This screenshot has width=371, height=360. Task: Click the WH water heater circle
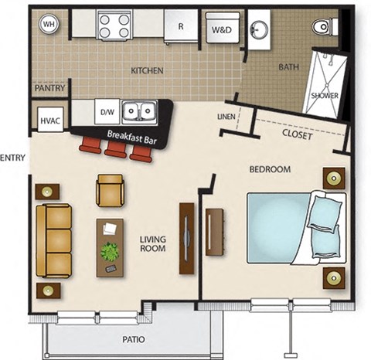(x=49, y=24)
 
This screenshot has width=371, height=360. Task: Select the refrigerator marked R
(x=181, y=25)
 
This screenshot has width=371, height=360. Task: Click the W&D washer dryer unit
(x=220, y=28)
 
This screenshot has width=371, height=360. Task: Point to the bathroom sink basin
(x=260, y=31)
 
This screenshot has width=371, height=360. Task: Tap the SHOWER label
(x=325, y=96)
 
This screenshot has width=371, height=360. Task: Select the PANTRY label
(x=49, y=89)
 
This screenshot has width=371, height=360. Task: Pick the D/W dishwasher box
(x=107, y=113)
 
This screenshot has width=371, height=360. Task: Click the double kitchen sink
(x=140, y=114)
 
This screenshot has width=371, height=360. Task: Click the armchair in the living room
(x=110, y=189)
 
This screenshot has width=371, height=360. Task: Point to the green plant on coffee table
(x=110, y=251)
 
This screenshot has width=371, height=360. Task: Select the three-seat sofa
(x=53, y=241)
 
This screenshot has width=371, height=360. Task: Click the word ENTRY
(x=13, y=158)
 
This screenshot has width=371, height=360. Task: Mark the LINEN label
(x=226, y=117)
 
